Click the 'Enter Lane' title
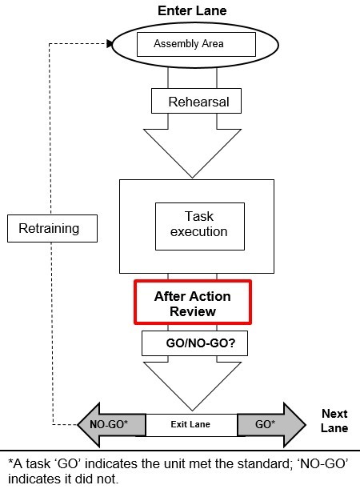coord(192,11)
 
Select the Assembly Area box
coord(196,44)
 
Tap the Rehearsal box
coord(196,101)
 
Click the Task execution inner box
coord(200,226)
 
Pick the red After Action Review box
coord(193,303)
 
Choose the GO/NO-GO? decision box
coord(195,343)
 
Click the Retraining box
coord(52,228)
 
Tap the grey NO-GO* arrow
coord(111,425)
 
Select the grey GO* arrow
coord(271,425)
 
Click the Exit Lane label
coord(190,424)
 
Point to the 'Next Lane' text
coord(334,421)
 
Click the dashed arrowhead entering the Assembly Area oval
coord(110,44)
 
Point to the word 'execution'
coord(199,232)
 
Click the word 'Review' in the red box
coord(193,311)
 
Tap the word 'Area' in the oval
coord(213,44)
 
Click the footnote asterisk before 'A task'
coord(10,462)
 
